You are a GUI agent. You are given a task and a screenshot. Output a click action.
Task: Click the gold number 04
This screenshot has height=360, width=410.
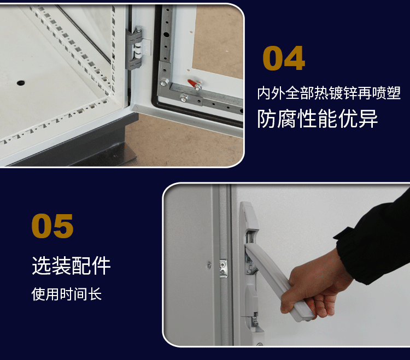[x=284, y=58]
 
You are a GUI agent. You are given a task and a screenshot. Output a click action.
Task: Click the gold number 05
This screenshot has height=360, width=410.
[x=52, y=226]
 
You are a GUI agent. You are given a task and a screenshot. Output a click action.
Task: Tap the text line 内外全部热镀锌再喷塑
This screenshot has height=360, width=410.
[x=329, y=93]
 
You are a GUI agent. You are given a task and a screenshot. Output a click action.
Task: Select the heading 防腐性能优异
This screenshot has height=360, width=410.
[x=318, y=119]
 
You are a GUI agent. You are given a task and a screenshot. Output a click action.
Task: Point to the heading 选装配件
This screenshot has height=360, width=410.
[x=71, y=265]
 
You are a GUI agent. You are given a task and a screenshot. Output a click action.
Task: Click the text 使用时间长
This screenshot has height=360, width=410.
[x=66, y=294]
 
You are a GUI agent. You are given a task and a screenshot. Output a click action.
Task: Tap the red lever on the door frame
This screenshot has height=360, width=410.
[x=194, y=84]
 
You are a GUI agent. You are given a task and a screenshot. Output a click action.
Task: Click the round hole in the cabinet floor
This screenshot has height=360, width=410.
[x=21, y=83]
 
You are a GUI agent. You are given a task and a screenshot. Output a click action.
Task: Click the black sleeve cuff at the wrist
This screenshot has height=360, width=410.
[x=345, y=253]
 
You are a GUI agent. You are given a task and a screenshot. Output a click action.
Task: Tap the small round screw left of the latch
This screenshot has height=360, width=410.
[x=209, y=265]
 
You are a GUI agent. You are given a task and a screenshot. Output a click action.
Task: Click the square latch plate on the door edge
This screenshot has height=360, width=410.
[x=223, y=268]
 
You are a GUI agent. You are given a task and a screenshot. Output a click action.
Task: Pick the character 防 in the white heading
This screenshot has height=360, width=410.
[x=266, y=119]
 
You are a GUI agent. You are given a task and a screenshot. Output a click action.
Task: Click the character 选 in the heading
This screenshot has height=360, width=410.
[x=42, y=265]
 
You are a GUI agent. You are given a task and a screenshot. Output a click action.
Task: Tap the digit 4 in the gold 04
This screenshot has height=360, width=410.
[x=295, y=58]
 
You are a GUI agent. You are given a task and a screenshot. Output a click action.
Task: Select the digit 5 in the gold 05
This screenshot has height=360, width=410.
[x=63, y=226]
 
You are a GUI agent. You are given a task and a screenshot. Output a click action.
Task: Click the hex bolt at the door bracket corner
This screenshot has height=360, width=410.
[x=164, y=82]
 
